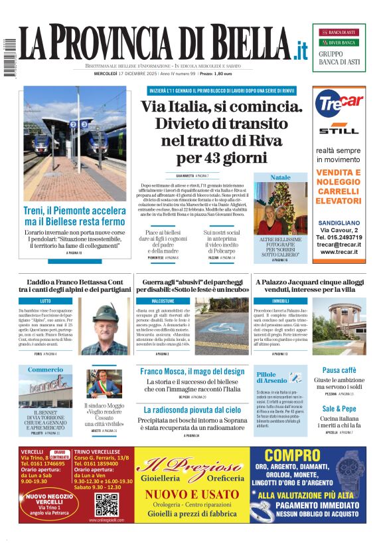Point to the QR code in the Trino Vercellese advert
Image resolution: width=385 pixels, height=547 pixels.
(106, 504)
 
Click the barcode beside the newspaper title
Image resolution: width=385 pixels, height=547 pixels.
(9, 59)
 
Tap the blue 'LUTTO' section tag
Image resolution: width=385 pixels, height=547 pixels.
(45, 301)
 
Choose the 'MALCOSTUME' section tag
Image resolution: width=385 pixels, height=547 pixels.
(163, 301)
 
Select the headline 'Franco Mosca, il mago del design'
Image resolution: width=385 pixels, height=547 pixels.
(193, 372)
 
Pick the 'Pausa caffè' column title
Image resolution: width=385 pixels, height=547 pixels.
(339, 370)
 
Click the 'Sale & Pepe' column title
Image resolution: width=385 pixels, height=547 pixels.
(339, 408)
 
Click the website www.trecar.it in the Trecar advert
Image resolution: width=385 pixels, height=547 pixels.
(339, 252)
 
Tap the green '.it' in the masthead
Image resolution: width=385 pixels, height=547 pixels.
(301, 49)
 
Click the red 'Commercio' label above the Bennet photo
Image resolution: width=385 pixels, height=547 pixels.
(46, 370)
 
